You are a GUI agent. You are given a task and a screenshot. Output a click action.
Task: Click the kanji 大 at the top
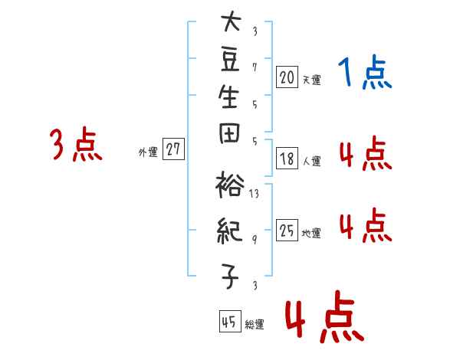[x=232, y=21]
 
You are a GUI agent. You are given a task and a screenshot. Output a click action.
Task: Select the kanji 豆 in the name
[x=230, y=60]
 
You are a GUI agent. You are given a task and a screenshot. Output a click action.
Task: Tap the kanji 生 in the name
[x=228, y=97]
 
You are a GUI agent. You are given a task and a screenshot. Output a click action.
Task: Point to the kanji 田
[x=229, y=133]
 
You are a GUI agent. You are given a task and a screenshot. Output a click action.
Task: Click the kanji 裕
[x=230, y=185]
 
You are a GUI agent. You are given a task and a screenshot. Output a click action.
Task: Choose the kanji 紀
[x=230, y=231]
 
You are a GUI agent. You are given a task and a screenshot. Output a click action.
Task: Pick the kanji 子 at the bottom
[x=230, y=276]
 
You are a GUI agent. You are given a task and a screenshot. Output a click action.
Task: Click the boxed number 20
[x=287, y=77]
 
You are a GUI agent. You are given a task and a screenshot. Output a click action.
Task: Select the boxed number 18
[x=287, y=159]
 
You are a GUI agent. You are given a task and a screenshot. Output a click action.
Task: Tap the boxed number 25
[x=287, y=230]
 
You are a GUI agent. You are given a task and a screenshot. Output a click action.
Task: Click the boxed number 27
[x=173, y=149]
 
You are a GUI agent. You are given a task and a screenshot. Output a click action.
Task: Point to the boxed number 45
[x=230, y=321]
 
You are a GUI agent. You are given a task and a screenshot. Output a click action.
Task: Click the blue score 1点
[x=365, y=72]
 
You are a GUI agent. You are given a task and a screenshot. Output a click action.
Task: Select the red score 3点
[x=76, y=144]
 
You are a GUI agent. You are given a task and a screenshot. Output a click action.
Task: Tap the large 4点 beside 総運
[x=324, y=317]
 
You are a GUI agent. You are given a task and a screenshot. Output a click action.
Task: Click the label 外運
[x=148, y=152]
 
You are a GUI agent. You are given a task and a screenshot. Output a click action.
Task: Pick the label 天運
[x=311, y=80]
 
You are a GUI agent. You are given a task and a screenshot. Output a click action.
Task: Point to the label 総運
[x=255, y=325]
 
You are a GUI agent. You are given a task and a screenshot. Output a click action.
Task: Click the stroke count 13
[x=254, y=194]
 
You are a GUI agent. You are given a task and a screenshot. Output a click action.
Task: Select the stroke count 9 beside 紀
[x=255, y=240]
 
